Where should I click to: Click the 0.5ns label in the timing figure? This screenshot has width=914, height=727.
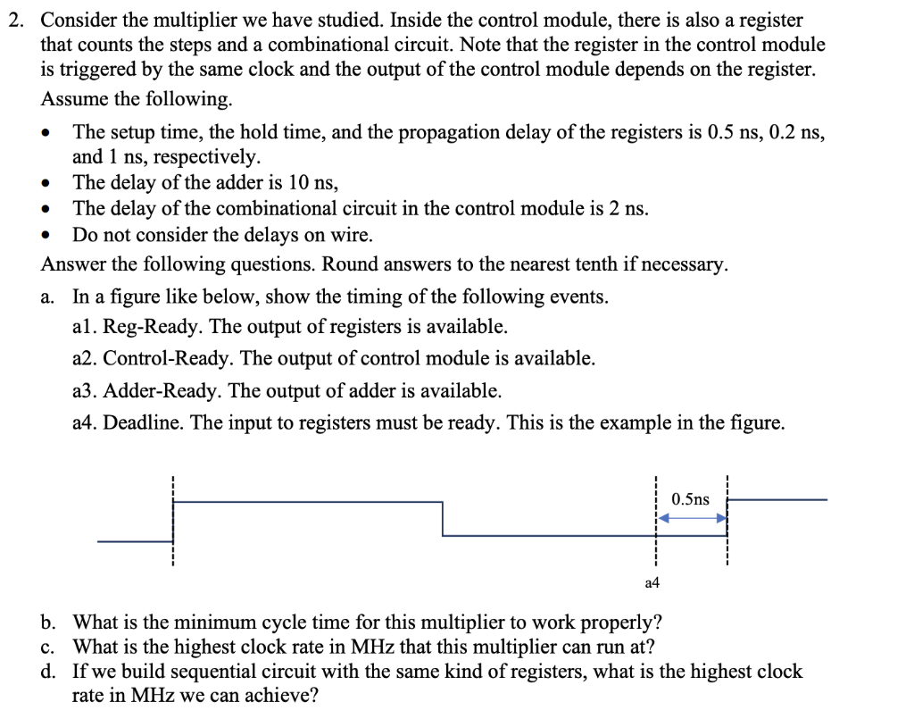coord(691,499)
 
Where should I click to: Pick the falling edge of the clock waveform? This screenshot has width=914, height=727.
coord(443,519)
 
